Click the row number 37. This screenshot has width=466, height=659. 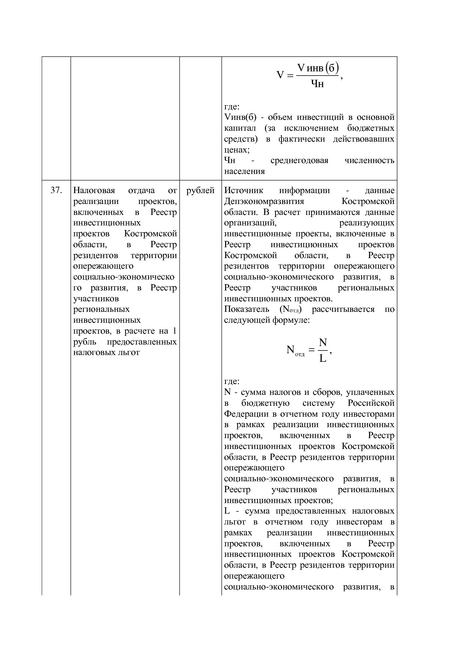[x=56, y=190]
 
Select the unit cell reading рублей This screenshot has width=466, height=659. [x=200, y=190]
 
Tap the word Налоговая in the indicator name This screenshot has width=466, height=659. [x=94, y=190]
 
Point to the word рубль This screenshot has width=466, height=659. [x=85, y=342]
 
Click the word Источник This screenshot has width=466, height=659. [x=244, y=190]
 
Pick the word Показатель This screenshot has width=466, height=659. [x=247, y=309]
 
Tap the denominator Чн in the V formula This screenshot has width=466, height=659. [x=318, y=83]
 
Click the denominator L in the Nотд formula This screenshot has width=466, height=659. [x=322, y=358]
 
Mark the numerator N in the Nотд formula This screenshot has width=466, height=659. [x=322, y=342]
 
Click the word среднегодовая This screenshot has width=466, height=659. [x=299, y=161]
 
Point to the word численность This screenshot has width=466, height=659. [x=369, y=161]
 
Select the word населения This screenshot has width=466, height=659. [x=244, y=172]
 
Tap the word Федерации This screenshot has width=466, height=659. [x=246, y=414]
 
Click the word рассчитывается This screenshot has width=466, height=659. [x=343, y=309]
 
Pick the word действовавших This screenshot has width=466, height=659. [x=363, y=139]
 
